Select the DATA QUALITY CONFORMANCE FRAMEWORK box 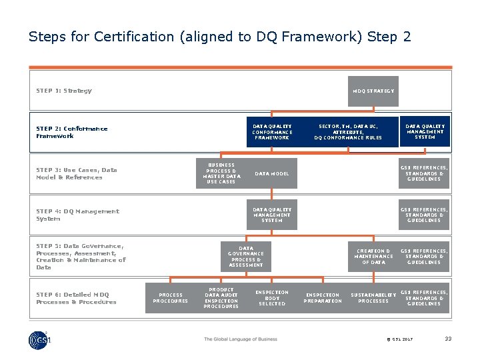pyautogui.click(x=272, y=132)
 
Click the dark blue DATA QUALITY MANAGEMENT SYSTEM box pyautogui.click(x=425, y=131)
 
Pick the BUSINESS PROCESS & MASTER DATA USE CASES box pyautogui.click(x=221, y=173)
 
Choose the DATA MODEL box pyautogui.click(x=272, y=173)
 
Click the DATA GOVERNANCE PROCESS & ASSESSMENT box pyautogui.click(x=246, y=257)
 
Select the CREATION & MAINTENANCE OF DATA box pyautogui.click(x=373, y=257)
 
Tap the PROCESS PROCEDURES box pyautogui.click(x=170, y=298)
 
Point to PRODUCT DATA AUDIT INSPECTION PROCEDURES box pyautogui.click(x=221, y=298)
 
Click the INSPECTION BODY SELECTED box pyautogui.click(x=272, y=298)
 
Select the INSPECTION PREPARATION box pyautogui.click(x=323, y=298)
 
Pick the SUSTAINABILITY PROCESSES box pyautogui.click(x=373, y=298)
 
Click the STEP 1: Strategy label pyautogui.click(x=64, y=91)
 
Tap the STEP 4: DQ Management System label pyautogui.click(x=77, y=215)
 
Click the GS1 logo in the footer pyautogui.click(x=39, y=339)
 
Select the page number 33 pyautogui.click(x=448, y=339)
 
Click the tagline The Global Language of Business pyautogui.click(x=241, y=339)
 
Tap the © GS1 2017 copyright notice pyautogui.click(x=399, y=339)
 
